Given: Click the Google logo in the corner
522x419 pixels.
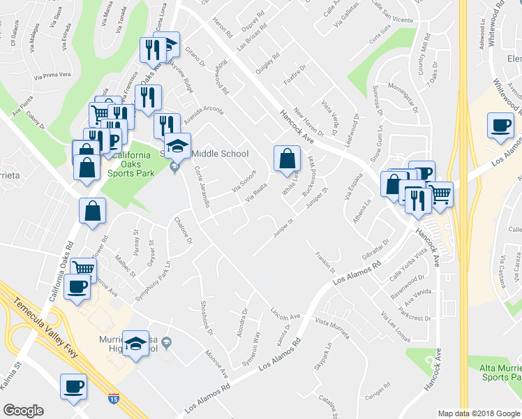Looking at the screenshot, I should tap(24, 411).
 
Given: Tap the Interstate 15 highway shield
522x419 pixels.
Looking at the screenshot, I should tap(114, 399).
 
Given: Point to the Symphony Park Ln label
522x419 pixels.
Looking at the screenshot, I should tap(152, 280).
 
